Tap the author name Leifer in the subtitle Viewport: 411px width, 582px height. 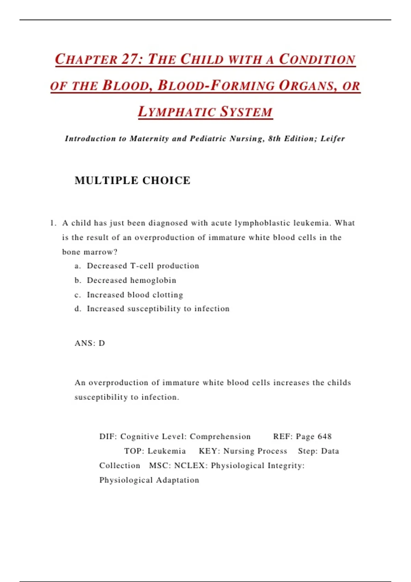333,139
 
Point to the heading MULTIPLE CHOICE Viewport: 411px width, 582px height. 132,180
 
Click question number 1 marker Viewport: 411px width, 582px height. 53,223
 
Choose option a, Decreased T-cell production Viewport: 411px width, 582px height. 143,266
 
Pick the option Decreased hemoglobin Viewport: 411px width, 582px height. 132,280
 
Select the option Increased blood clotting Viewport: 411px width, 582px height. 135,295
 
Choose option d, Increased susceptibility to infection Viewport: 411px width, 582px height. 158,309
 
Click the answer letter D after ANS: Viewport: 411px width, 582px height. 102,343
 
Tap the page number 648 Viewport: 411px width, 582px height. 325,436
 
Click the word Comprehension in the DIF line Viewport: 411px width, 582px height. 220,436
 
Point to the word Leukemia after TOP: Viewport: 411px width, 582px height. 167,451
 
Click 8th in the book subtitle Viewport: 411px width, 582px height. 274,139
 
